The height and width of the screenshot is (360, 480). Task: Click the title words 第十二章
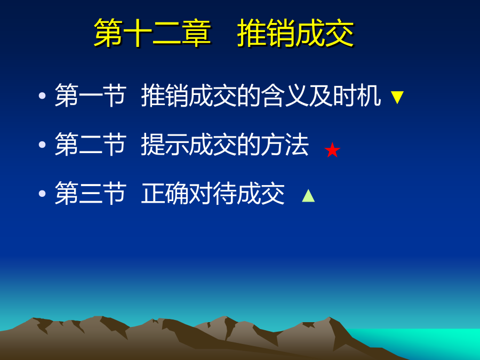coord(152,33)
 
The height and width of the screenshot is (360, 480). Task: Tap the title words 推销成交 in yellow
coord(295,33)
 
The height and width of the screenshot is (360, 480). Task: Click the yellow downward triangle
coord(397,98)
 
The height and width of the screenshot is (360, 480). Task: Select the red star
coord(332,150)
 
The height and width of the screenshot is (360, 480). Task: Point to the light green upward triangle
coord(308,196)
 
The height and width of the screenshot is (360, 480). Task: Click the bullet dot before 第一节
coord(42,95)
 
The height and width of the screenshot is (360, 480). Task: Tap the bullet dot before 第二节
coord(42,145)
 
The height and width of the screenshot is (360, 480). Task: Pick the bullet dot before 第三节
coord(42,194)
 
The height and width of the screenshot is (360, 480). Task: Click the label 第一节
coord(90,95)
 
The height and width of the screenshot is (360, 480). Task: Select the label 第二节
coord(90,144)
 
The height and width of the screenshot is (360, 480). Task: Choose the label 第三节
coord(90,193)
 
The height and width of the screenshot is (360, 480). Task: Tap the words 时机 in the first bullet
coord(357,95)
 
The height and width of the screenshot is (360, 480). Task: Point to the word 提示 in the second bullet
coord(165,144)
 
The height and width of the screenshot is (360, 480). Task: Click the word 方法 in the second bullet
coord(285,144)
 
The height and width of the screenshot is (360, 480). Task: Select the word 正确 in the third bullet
coord(165,193)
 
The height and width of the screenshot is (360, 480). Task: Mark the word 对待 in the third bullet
coord(213,193)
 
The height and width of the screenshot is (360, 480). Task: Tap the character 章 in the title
coord(196,33)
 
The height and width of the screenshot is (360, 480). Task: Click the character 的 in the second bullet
coord(249,144)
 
